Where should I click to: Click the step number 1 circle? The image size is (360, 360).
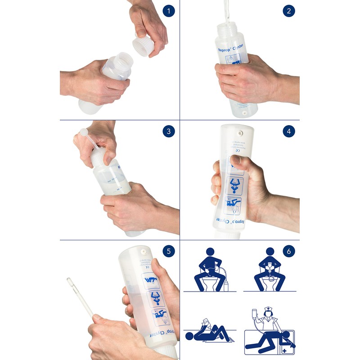168,11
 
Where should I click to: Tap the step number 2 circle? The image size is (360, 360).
289,11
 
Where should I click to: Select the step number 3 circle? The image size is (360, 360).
168,131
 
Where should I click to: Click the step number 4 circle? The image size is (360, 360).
289,131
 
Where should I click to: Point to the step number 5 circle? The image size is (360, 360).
168,251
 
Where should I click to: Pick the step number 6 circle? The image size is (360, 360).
289,251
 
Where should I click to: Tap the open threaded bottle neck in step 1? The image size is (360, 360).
124,61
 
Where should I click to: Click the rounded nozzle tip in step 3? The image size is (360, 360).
82,132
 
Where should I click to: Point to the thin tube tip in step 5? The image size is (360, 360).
70,281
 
